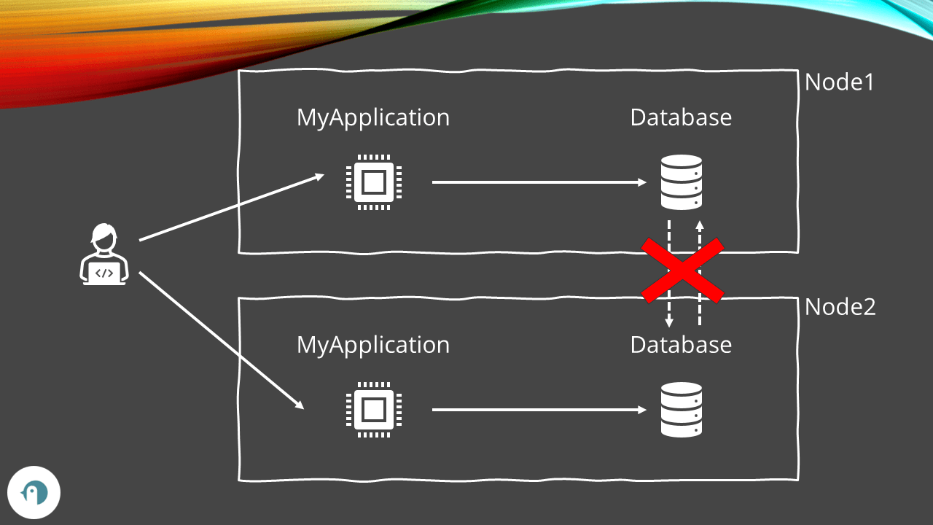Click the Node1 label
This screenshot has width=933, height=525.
839,82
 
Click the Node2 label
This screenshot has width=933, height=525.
840,307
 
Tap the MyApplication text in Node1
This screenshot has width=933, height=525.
372,117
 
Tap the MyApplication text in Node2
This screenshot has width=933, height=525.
372,345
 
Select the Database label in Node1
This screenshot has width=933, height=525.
681,117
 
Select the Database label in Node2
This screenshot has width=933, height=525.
681,345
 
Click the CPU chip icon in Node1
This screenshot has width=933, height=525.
374,182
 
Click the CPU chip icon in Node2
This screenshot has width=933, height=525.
374,410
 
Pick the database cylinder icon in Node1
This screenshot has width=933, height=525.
681,182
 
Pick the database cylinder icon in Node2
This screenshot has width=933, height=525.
681,410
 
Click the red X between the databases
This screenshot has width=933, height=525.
682,270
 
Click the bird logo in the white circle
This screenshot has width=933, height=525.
34,493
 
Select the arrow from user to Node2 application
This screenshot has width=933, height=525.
221,340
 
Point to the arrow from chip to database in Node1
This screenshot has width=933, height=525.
539,182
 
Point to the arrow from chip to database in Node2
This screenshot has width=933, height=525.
539,410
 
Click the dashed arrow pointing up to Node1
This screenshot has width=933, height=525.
700,233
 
